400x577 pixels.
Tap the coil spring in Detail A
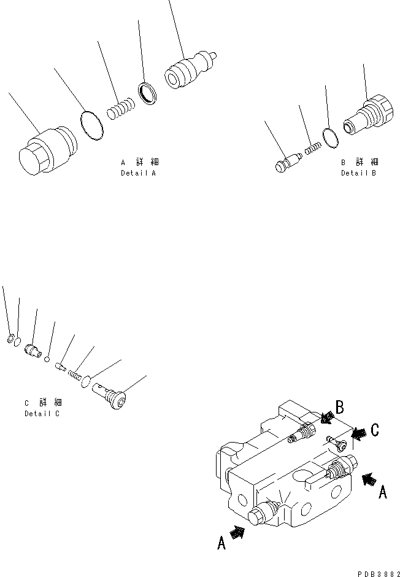[x=120, y=109]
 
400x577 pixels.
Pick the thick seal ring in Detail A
[x=147, y=92]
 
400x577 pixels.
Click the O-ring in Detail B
[x=330, y=138]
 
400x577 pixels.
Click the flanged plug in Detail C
[x=110, y=397]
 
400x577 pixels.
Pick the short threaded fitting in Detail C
[x=33, y=350]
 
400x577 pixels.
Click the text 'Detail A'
[x=138, y=173]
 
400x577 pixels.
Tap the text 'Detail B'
[x=358, y=173]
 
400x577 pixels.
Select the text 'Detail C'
[x=42, y=414]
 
